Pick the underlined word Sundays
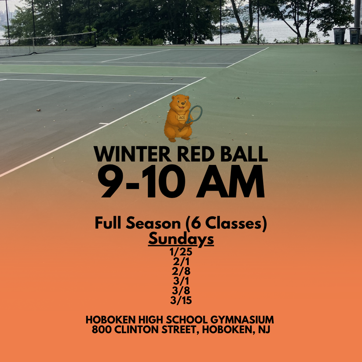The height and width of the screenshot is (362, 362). (181, 239)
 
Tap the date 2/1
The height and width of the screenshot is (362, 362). (181, 263)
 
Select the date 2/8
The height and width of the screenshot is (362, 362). (181, 272)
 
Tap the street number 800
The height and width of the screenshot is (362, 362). (102, 329)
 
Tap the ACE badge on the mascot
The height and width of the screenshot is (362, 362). (182, 118)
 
